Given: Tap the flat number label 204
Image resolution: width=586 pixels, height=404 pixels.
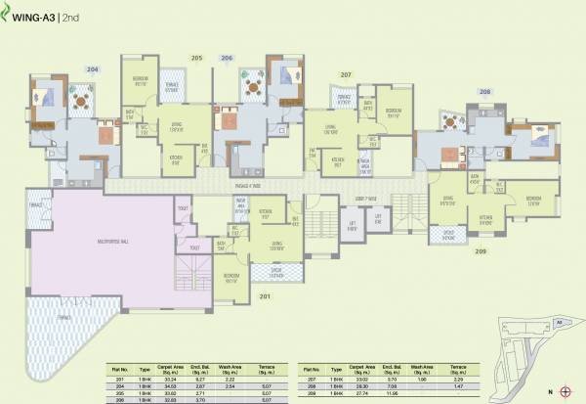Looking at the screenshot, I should (x=66, y=69).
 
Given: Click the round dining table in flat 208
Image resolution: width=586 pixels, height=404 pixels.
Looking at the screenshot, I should (x=451, y=121).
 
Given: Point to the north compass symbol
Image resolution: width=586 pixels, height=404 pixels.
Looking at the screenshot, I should (x=564, y=391).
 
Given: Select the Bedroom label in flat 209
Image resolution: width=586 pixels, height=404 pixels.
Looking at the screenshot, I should (x=532, y=199).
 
